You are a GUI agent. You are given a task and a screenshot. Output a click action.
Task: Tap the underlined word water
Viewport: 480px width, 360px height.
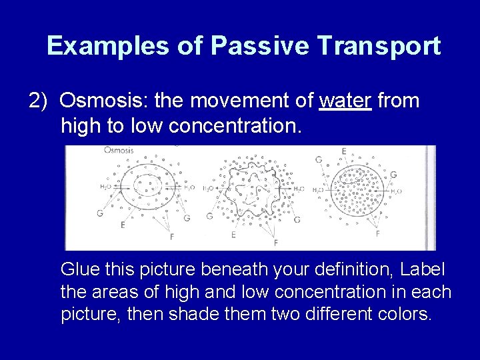345,101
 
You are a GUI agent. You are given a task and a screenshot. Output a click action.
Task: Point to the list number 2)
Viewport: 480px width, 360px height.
39,101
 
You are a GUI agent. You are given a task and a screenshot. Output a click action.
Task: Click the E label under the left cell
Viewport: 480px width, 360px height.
123,225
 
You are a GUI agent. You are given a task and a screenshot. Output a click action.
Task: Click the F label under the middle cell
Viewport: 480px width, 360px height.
275,242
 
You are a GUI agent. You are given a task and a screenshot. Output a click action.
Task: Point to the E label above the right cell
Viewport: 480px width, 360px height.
343,152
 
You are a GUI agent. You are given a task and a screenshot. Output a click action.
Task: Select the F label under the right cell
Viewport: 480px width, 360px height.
378,233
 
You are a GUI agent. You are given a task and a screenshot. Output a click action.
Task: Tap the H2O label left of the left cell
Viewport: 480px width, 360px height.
105,187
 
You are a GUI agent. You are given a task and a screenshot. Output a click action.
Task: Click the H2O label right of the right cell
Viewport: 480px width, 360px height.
396,191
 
